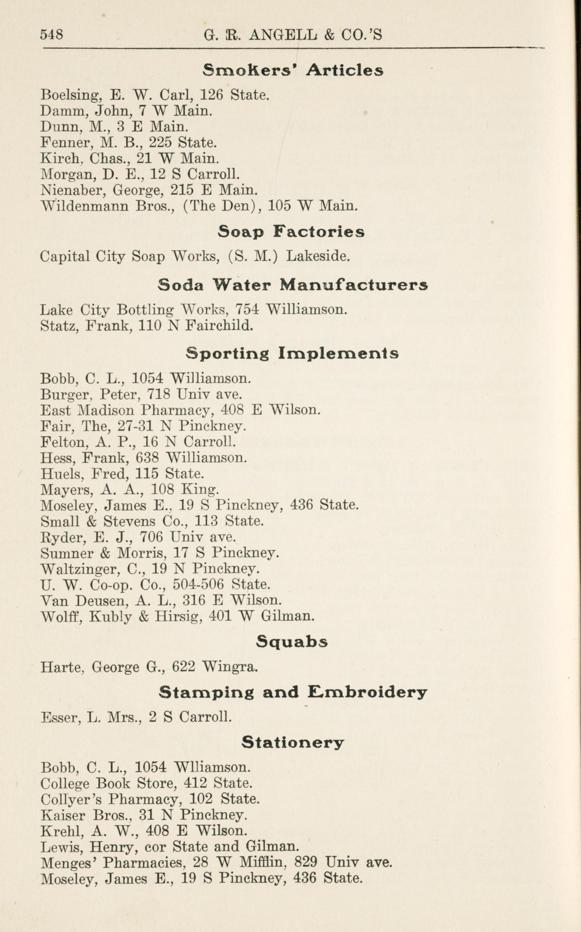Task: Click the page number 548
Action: click(52, 35)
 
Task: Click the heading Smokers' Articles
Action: click(293, 70)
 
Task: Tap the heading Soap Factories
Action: click(291, 232)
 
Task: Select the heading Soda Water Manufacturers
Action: click(292, 285)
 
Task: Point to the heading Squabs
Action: click(292, 641)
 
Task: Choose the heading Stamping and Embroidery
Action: click(292, 693)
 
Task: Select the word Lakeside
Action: click(318, 256)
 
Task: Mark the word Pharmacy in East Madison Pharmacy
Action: click(176, 410)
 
